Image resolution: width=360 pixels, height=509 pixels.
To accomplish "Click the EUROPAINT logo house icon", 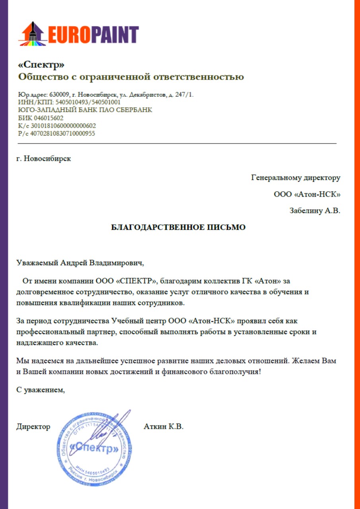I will tap(32, 34).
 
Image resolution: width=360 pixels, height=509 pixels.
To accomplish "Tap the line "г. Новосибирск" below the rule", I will tap(44, 159).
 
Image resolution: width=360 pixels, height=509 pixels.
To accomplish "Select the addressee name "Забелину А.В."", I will tap(315, 211).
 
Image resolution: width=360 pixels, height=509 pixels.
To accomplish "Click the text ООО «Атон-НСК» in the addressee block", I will tap(307, 194).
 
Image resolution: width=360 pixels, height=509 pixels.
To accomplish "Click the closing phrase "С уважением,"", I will tap(40, 390).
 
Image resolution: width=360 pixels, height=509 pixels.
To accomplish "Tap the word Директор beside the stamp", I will tap(33, 427).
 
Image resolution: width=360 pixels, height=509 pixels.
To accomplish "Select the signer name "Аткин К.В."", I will tap(163, 427).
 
